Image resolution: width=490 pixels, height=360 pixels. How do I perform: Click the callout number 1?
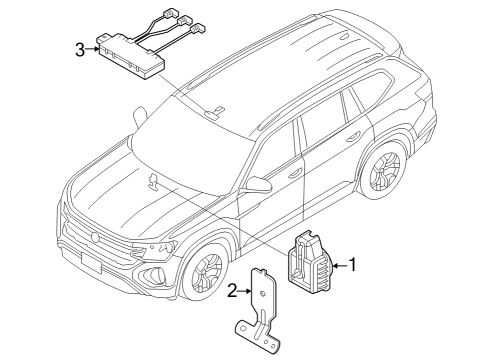tap(352, 265)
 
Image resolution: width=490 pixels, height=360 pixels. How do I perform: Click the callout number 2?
tap(232, 291)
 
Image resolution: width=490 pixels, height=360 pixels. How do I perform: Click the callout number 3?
tap(80, 50)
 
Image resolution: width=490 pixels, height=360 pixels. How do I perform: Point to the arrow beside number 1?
tap(340, 265)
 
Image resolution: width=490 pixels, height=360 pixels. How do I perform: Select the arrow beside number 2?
tap(244, 291)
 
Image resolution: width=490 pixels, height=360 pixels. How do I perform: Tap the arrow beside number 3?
tap(92, 49)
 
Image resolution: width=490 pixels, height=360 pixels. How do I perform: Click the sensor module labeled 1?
tap(309, 262)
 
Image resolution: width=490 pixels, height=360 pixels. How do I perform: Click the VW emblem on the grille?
tap(95, 237)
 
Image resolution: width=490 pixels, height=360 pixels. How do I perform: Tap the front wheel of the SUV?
tap(204, 272)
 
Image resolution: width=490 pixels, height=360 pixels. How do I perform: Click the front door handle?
tap(294, 173)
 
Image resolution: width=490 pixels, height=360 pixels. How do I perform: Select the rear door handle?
tap(353, 137)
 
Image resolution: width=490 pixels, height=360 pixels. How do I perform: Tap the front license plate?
tap(91, 261)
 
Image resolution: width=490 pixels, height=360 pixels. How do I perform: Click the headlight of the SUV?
tap(155, 248)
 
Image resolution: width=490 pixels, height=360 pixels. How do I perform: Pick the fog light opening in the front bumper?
tap(151, 274)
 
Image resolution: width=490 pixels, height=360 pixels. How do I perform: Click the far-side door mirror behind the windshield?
tap(140, 117)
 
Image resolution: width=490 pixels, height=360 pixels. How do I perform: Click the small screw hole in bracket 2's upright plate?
tap(262, 294)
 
